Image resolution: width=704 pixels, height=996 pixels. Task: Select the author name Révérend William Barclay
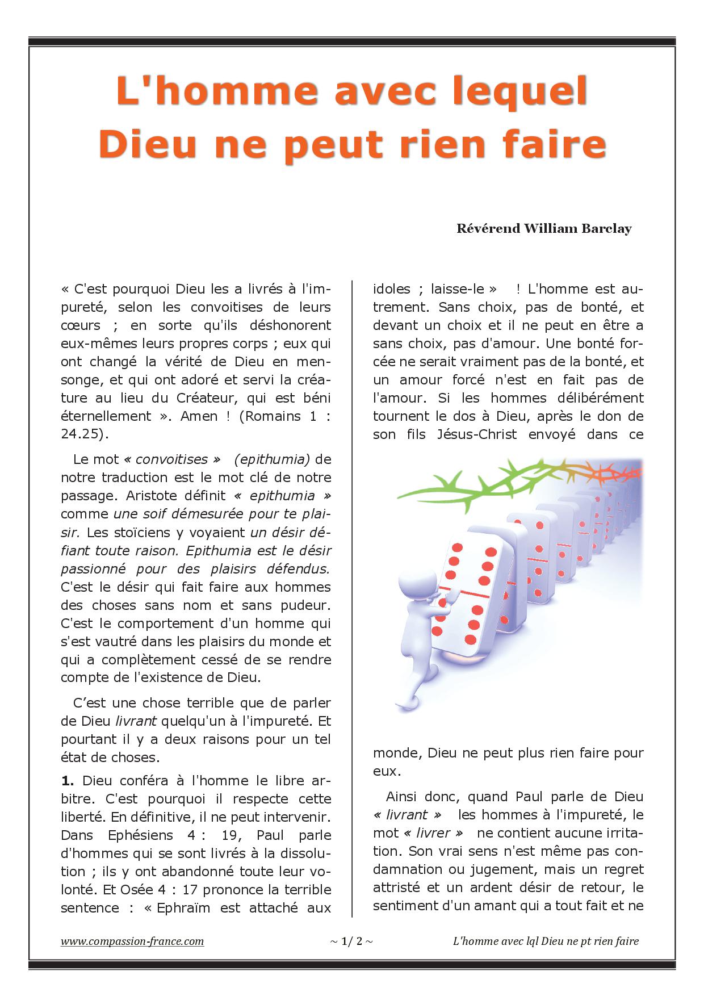pyautogui.click(x=544, y=229)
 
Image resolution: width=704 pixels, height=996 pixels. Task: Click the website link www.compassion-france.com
pyautogui.click(x=132, y=941)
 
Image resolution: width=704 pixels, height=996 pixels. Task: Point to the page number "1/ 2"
pyautogui.click(x=351, y=941)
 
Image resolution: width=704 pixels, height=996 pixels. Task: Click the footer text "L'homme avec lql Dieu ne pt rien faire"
pyautogui.click(x=546, y=941)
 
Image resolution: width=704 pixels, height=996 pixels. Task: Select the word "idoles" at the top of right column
pyautogui.click(x=391, y=288)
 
